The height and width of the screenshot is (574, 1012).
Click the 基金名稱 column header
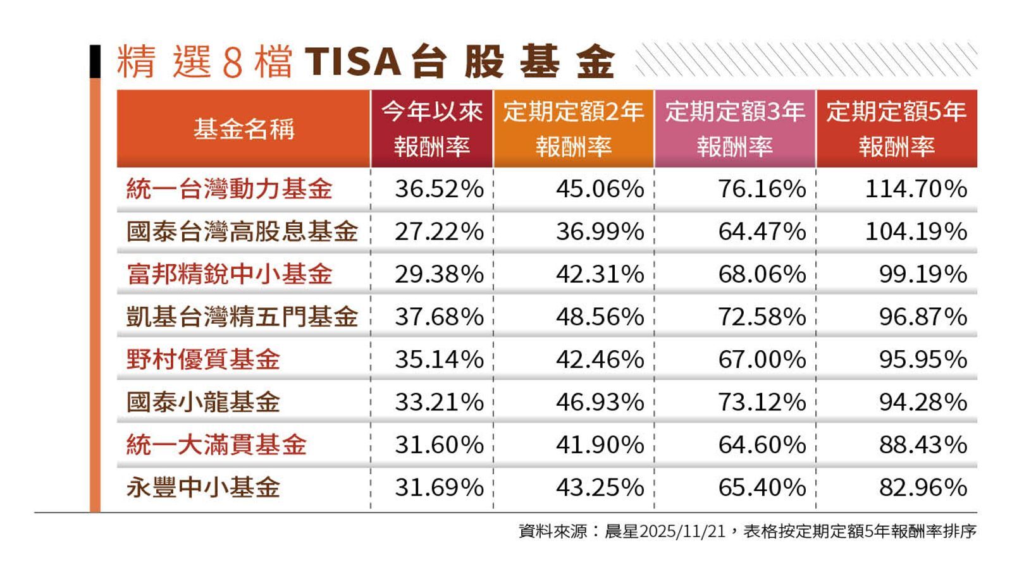[x=244, y=129]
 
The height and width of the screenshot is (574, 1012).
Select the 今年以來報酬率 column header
[x=432, y=129]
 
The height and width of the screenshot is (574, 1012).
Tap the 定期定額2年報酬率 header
[x=573, y=129]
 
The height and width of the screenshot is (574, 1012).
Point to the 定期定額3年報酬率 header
[x=734, y=129]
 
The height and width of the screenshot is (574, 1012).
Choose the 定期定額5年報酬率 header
[x=896, y=129]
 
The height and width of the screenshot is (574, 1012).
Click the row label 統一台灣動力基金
[x=229, y=189]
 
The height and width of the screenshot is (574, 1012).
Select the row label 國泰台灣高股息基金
[x=242, y=231]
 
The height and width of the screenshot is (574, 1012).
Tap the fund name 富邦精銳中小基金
[x=229, y=274]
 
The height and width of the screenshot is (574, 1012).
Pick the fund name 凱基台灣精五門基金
[x=242, y=317]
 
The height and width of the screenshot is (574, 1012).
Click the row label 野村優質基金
[x=203, y=359]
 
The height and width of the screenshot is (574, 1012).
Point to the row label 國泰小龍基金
[x=203, y=402]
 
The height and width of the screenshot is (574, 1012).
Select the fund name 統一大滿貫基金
[x=216, y=444]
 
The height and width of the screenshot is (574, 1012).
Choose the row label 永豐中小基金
[x=203, y=487]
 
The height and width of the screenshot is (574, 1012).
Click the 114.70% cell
[x=915, y=189]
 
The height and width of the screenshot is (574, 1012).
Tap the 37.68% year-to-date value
[x=439, y=317]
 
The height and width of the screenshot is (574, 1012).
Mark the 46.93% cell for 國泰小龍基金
[x=600, y=402]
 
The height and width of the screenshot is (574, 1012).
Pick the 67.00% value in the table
[x=762, y=359]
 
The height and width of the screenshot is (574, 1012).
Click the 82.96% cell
[x=923, y=487]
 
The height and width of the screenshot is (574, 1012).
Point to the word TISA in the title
[x=353, y=62]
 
